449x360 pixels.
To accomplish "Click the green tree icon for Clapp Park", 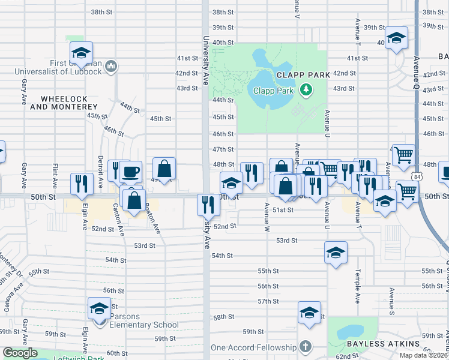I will click(x=307, y=90).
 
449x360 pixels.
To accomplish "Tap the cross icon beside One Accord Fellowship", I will click(x=306, y=347).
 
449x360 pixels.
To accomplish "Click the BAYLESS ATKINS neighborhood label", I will click(x=383, y=344).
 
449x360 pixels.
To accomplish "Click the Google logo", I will click(x=20, y=353).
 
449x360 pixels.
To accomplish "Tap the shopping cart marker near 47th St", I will click(x=404, y=155).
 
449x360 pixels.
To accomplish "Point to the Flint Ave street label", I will click(x=55, y=175).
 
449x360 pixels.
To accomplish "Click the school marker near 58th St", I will click(x=310, y=313).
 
